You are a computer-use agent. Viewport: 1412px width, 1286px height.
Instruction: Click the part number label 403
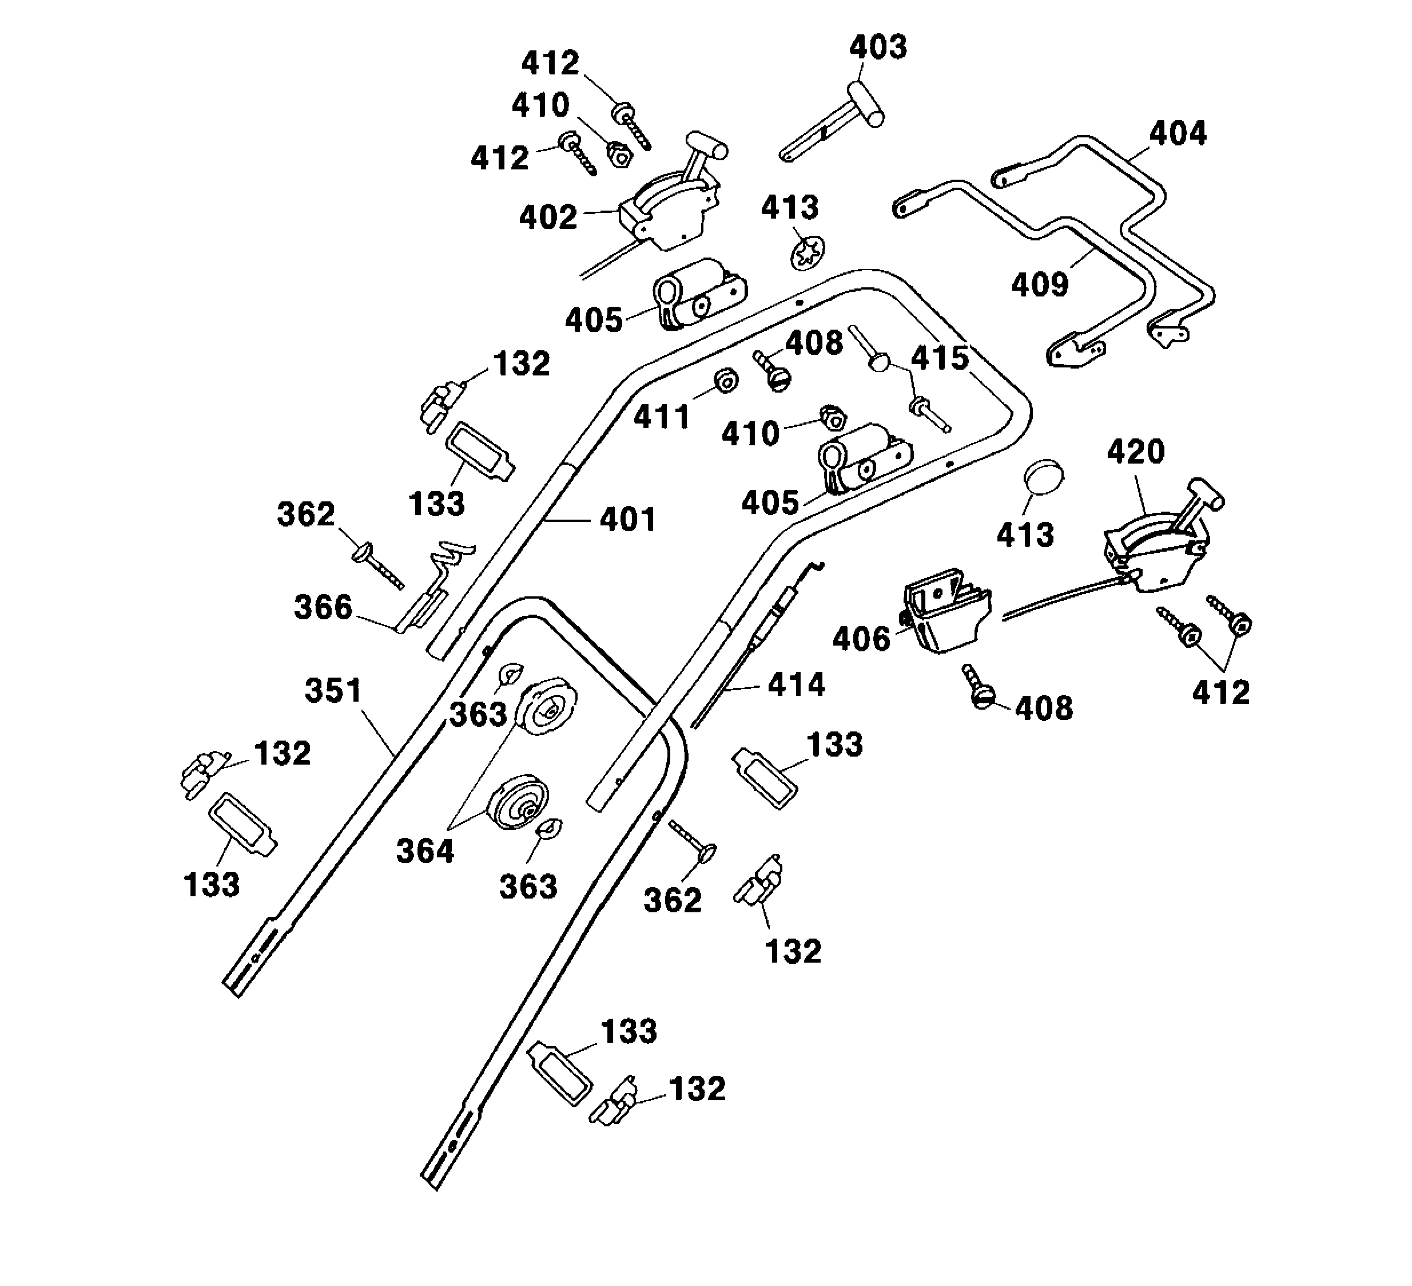click(878, 48)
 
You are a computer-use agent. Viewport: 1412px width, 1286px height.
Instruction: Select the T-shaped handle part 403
click(833, 126)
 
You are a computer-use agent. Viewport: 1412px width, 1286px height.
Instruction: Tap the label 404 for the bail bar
click(1178, 133)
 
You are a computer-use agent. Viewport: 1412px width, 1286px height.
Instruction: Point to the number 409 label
click(1040, 284)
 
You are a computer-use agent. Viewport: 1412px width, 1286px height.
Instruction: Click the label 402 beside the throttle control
click(548, 217)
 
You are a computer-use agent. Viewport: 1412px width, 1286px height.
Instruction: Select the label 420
click(1135, 452)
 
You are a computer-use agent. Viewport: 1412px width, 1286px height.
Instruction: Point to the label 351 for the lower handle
click(333, 690)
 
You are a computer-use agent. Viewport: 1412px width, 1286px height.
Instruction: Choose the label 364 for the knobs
click(425, 852)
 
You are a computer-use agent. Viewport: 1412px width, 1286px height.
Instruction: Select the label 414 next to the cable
click(796, 684)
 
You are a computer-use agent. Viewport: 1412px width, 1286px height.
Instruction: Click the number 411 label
click(662, 418)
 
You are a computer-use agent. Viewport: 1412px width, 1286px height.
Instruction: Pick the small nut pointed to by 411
click(726, 381)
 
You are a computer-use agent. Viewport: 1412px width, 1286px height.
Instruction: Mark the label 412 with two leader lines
click(1221, 693)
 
